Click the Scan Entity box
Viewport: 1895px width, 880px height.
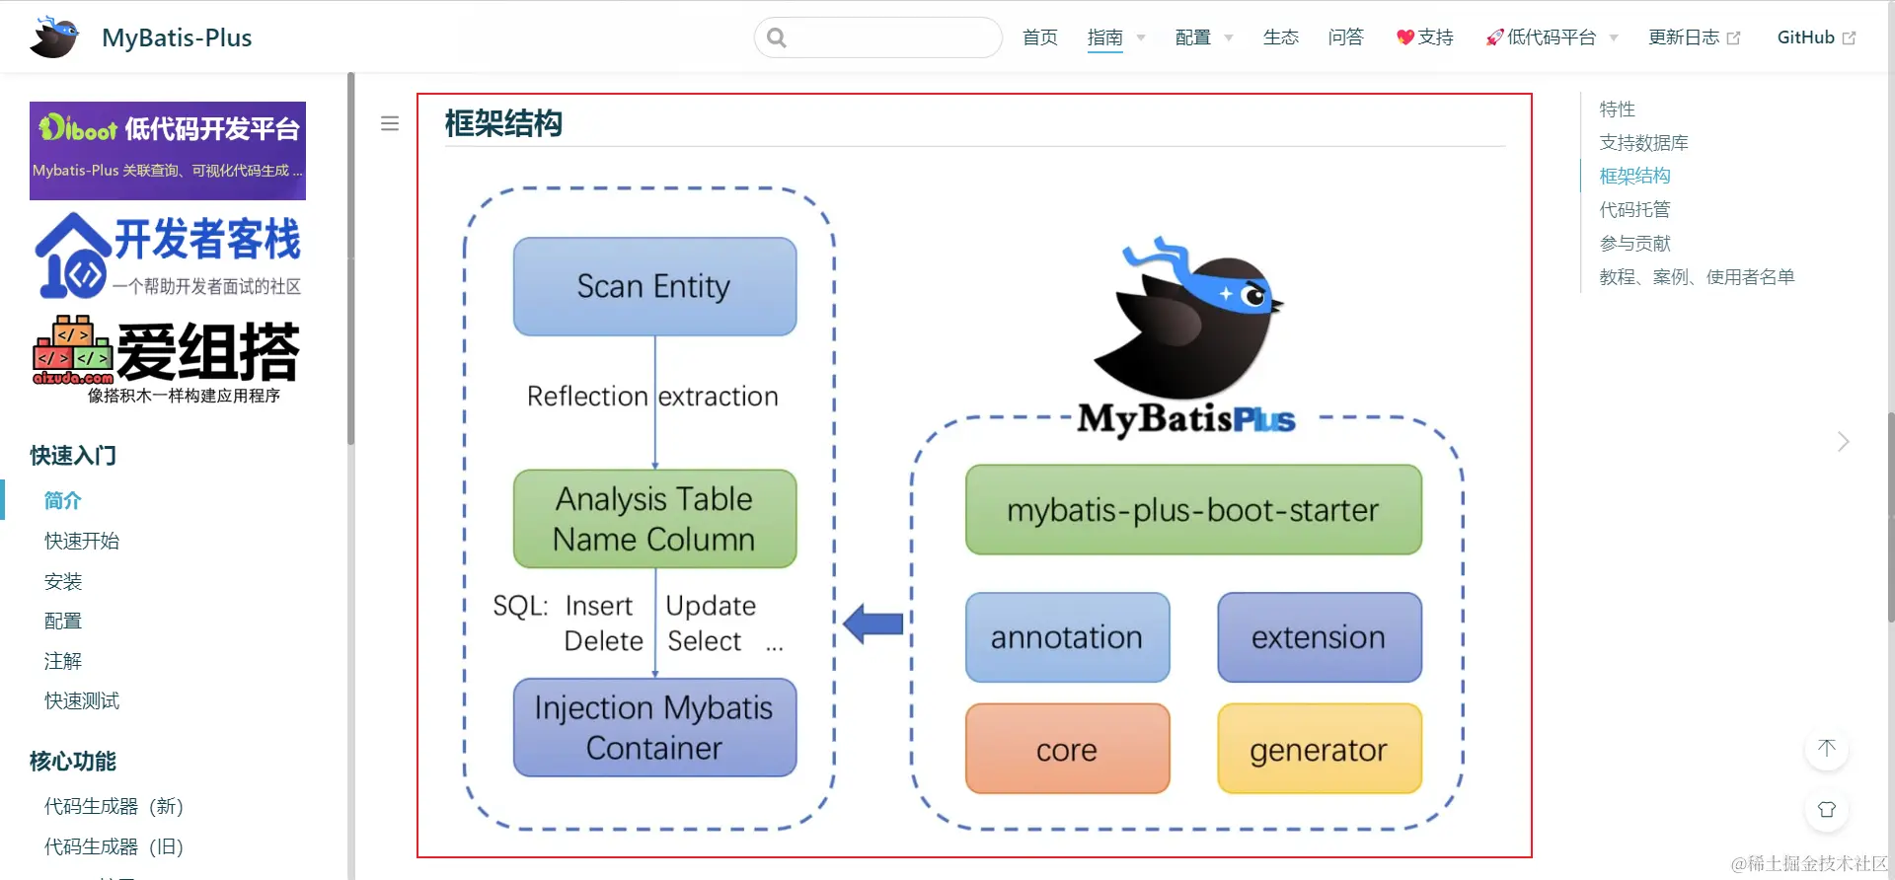(654, 286)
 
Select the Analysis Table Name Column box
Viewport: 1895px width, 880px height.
(654, 519)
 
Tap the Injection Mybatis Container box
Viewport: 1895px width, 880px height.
(654, 727)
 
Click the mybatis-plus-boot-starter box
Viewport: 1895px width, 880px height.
(1193, 510)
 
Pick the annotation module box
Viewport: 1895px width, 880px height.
(1067, 637)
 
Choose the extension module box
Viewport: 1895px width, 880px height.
(1319, 637)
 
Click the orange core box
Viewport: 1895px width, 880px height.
(1067, 749)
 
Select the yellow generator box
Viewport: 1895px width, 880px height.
(1319, 749)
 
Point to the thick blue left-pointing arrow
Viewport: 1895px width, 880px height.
(873, 623)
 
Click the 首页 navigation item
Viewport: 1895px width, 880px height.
(1039, 37)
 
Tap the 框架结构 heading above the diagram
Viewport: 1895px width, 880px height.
(503, 123)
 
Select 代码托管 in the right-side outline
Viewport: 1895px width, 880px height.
(1634, 209)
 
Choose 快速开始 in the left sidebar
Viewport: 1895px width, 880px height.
(82, 541)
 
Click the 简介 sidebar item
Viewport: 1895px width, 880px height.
(63, 500)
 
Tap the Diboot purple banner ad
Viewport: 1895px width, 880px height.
(168, 151)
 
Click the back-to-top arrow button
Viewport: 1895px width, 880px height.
(1826, 748)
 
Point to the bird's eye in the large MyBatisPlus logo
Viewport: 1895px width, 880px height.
(1255, 295)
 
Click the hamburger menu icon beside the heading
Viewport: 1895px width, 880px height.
(390, 123)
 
